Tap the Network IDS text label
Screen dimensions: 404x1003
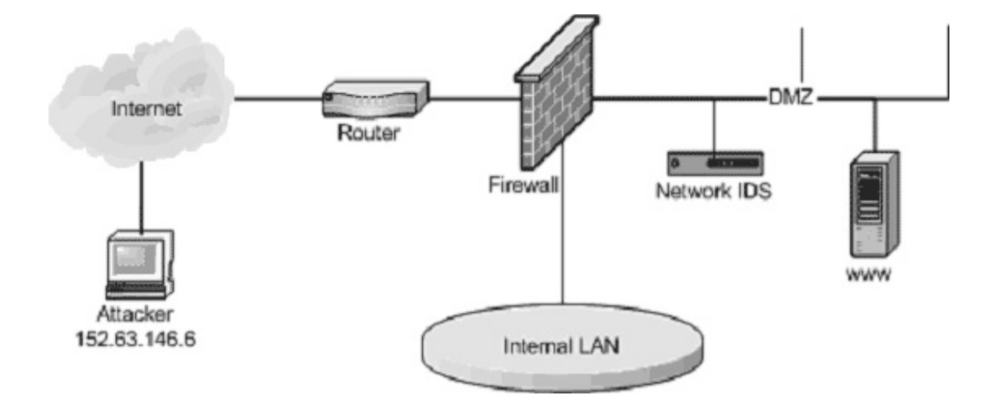714,190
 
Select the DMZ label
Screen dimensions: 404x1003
791,98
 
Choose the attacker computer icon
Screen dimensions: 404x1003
140,264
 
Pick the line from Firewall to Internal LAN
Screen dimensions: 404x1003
564,251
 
